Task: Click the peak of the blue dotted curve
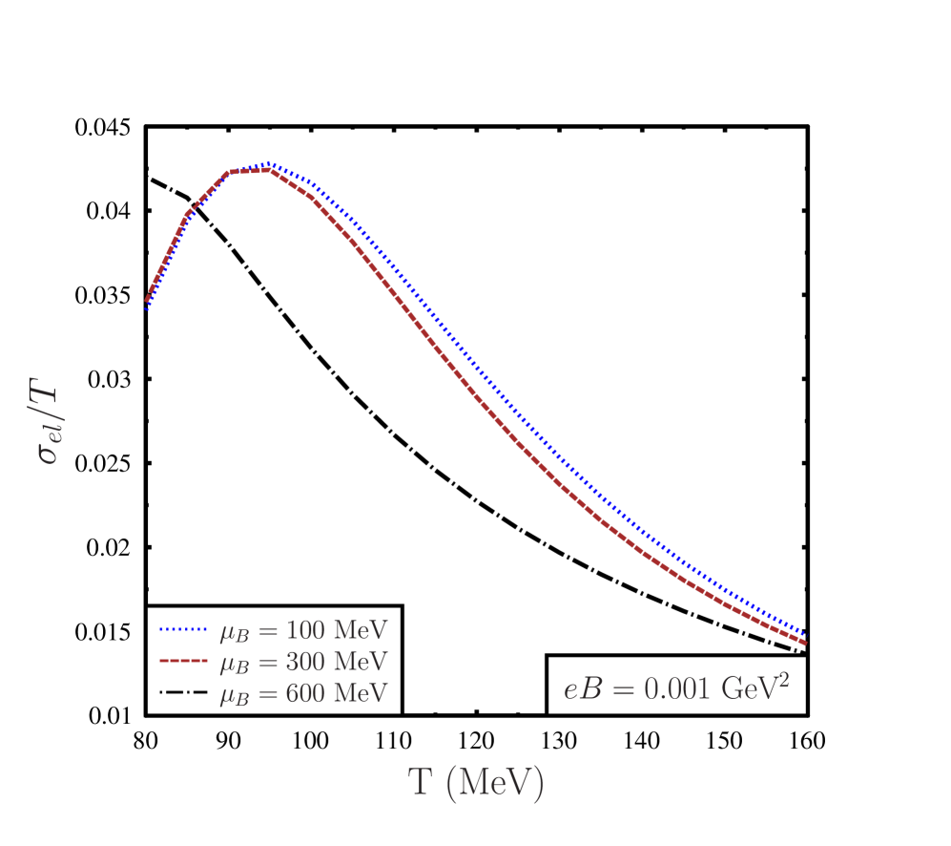point(271,164)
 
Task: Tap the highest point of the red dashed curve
point(270,170)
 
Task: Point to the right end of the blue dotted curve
point(805,634)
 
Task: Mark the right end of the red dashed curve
point(806,643)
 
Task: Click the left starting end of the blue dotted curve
point(147,309)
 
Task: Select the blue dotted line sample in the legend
point(182,630)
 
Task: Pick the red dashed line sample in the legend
point(182,661)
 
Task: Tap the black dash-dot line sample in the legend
point(182,692)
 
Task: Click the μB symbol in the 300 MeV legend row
point(232,663)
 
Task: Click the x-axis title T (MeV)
point(476,783)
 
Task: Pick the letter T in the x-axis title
point(421,782)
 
